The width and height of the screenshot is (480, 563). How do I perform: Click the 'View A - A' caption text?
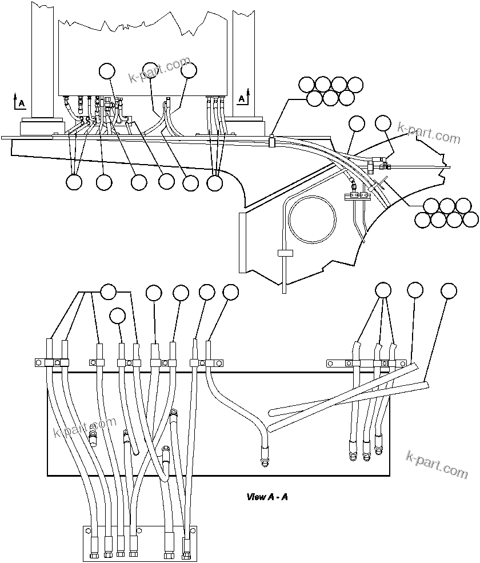coord(267,497)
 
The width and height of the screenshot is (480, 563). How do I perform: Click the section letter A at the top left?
coord(22,103)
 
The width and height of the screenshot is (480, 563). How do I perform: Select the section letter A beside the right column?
coord(242,98)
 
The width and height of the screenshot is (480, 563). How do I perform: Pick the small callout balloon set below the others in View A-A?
coord(118,316)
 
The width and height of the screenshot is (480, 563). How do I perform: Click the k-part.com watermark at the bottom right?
coord(436,464)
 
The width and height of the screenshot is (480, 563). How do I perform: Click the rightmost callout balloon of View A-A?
coord(449,290)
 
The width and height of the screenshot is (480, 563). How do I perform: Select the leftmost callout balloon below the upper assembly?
coord(74,182)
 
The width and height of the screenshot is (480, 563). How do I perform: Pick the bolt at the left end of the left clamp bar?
coord(38,362)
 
